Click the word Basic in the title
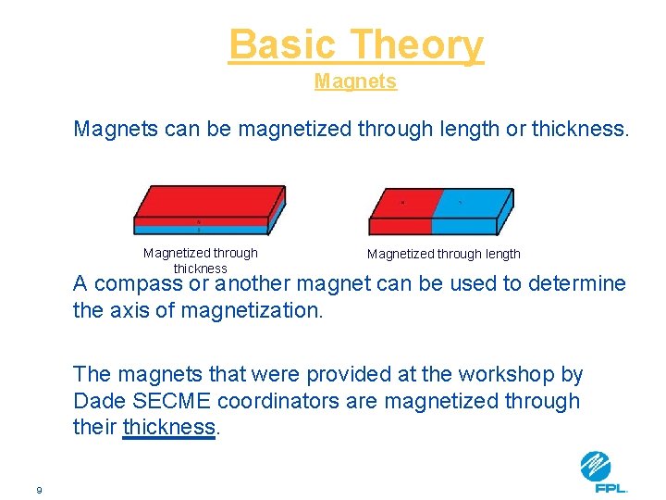click(283, 44)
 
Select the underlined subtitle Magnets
click(355, 81)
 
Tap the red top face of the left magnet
click(208, 201)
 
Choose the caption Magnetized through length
click(443, 254)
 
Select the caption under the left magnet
click(200, 260)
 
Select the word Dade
click(98, 401)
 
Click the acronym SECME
click(173, 401)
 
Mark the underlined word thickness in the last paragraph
click(168, 428)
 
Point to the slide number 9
click(39, 490)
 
